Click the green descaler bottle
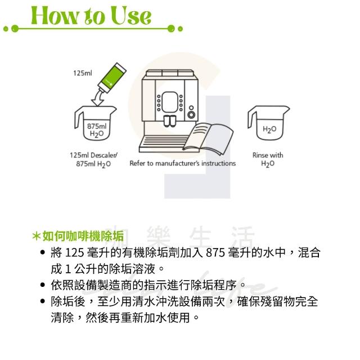point(112,78)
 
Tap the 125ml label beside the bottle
point(83,73)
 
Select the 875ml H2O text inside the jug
point(97,130)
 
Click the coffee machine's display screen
point(170,102)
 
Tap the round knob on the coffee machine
point(191,114)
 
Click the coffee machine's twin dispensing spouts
point(170,121)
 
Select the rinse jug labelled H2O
point(268,123)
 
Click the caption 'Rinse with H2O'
point(268,159)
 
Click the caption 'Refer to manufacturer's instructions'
point(182,163)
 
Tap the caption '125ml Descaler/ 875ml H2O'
point(93,160)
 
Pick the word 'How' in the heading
point(55,15)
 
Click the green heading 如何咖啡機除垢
point(83,236)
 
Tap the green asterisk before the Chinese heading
point(37,236)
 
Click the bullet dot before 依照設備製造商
point(43,285)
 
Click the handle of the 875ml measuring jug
point(78,119)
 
